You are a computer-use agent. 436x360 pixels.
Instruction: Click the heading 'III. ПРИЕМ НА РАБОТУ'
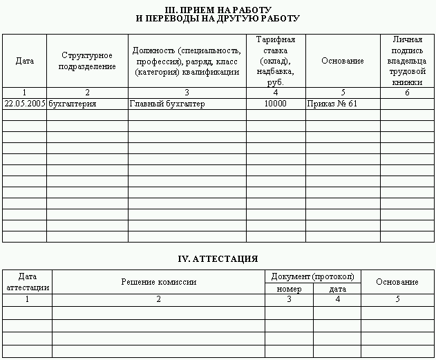coord(218,10)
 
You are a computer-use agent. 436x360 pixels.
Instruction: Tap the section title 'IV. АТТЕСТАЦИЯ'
coord(218,259)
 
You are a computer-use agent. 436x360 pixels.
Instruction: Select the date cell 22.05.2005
coord(25,104)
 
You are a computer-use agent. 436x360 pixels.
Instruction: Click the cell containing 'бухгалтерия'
coord(73,104)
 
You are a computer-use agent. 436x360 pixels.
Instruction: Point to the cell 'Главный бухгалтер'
coord(167,104)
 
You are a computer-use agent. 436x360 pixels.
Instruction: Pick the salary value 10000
coord(276,104)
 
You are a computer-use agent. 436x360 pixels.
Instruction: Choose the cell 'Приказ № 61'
coord(332,104)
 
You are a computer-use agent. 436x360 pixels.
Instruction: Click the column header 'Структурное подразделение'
coord(87,61)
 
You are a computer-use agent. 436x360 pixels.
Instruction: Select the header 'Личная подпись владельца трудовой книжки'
coord(407,61)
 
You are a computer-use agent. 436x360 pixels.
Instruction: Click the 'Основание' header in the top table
coord(343,61)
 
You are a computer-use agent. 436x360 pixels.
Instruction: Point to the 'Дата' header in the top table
coord(25,61)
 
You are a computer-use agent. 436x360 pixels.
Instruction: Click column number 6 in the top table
coord(407,93)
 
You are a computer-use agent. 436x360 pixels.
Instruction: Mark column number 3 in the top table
coord(187,93)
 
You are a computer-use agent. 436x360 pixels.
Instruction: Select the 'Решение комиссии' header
coord(158,282)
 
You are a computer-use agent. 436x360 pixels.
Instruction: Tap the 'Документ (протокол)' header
coord(312,276)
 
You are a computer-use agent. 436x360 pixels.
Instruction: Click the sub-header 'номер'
coord(289,289)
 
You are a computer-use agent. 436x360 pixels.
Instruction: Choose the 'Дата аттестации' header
coord(27,282)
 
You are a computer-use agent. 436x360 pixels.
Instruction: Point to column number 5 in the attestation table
coord(397,299)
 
